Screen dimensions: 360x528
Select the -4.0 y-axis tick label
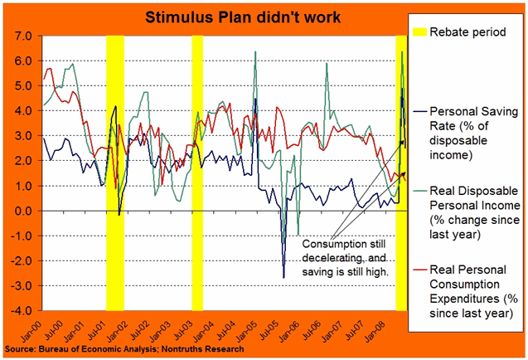pos(21,311)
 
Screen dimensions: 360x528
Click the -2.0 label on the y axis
pos(21,261)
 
